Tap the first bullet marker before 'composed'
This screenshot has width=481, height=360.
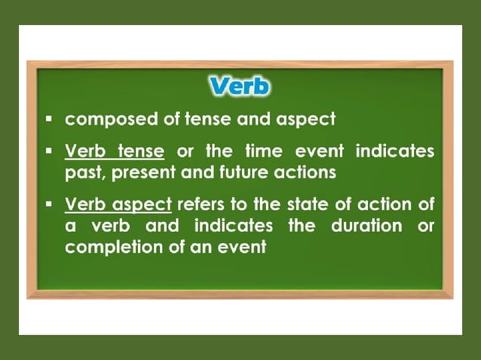click(x=49, y=119)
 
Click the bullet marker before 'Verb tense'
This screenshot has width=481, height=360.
click(x=49, y=151)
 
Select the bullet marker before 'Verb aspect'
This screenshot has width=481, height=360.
click(x=49, y=203)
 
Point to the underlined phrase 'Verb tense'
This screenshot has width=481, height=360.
click(x=115, y=151)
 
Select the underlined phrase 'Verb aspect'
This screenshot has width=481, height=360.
click(x=119, y=203)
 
